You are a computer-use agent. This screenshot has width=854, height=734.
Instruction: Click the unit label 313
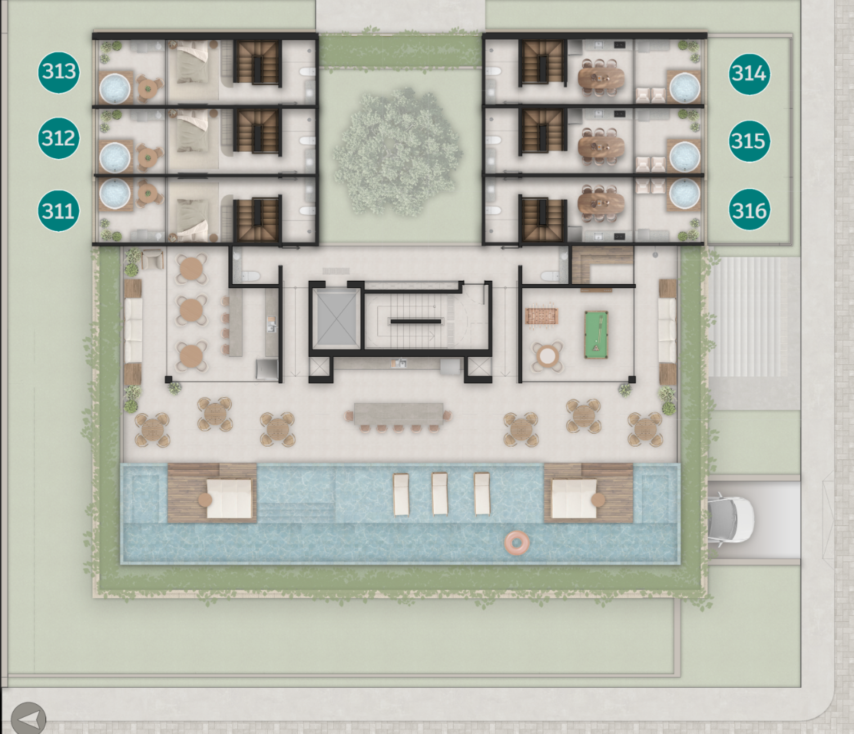[x=59, y=72]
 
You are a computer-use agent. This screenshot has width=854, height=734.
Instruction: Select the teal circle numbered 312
[x=59, y=138]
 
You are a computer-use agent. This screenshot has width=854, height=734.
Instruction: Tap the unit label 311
[x=59, y=210]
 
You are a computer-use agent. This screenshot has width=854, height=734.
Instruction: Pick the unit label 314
[x=749, y=74]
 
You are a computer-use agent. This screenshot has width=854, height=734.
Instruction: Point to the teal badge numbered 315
[x=749, y=141]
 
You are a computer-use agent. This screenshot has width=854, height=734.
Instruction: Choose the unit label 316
[x=749, y=210]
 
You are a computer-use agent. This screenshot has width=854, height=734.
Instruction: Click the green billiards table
[x=596, y=334]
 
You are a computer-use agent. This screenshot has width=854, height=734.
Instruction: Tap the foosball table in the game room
[x=542, y=316]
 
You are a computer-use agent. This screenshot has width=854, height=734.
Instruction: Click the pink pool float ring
[x=517, y=542]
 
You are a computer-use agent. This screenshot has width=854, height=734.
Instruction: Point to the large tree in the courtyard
[x=397, y=151]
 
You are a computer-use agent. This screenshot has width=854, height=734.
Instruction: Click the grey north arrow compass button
[x=28, y=718]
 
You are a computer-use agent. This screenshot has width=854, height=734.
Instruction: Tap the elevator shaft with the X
[x=336, y=319]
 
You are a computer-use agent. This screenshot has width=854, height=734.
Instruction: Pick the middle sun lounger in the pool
[x=440, y=494]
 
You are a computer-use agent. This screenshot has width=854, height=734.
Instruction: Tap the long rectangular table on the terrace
[x=399, y=414]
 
